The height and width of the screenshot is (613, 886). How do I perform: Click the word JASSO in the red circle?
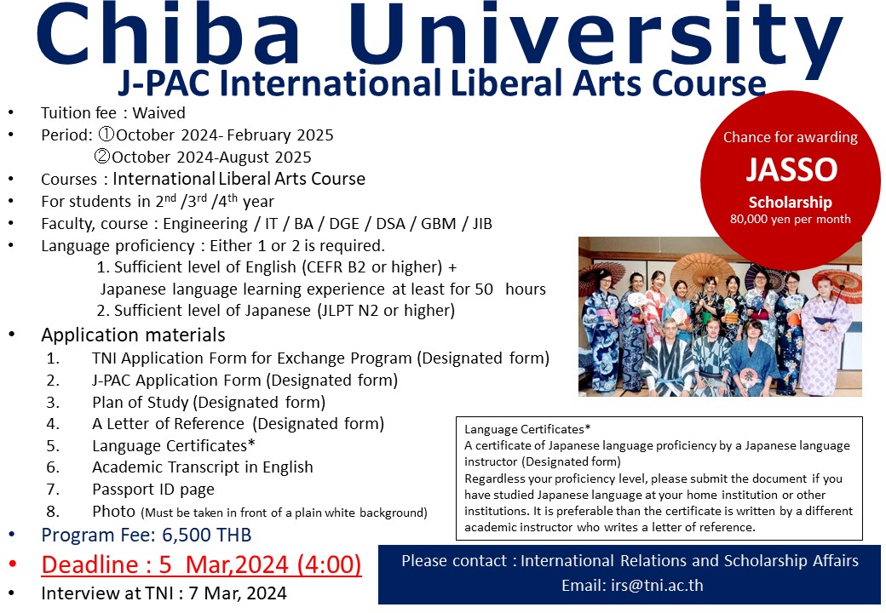[791, 169]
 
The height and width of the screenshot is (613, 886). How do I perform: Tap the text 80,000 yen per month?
[790, 219]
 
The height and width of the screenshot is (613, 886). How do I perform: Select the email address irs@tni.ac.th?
[657, 586]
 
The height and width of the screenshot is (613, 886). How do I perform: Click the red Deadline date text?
[201, 564]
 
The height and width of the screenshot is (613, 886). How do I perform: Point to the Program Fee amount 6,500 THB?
[207, 535]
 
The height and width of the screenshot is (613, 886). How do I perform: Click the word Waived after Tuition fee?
[158, 113]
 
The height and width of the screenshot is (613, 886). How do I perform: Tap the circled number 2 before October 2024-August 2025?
[102, 156]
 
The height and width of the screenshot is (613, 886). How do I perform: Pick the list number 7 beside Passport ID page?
[53, 490]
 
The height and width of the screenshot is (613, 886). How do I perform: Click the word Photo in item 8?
[113, 511]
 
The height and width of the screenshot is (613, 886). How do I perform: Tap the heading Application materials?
[134, 335]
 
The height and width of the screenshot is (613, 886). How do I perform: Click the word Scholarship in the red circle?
[790, 202]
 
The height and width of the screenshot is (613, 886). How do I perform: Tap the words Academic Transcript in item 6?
[166, 467]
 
